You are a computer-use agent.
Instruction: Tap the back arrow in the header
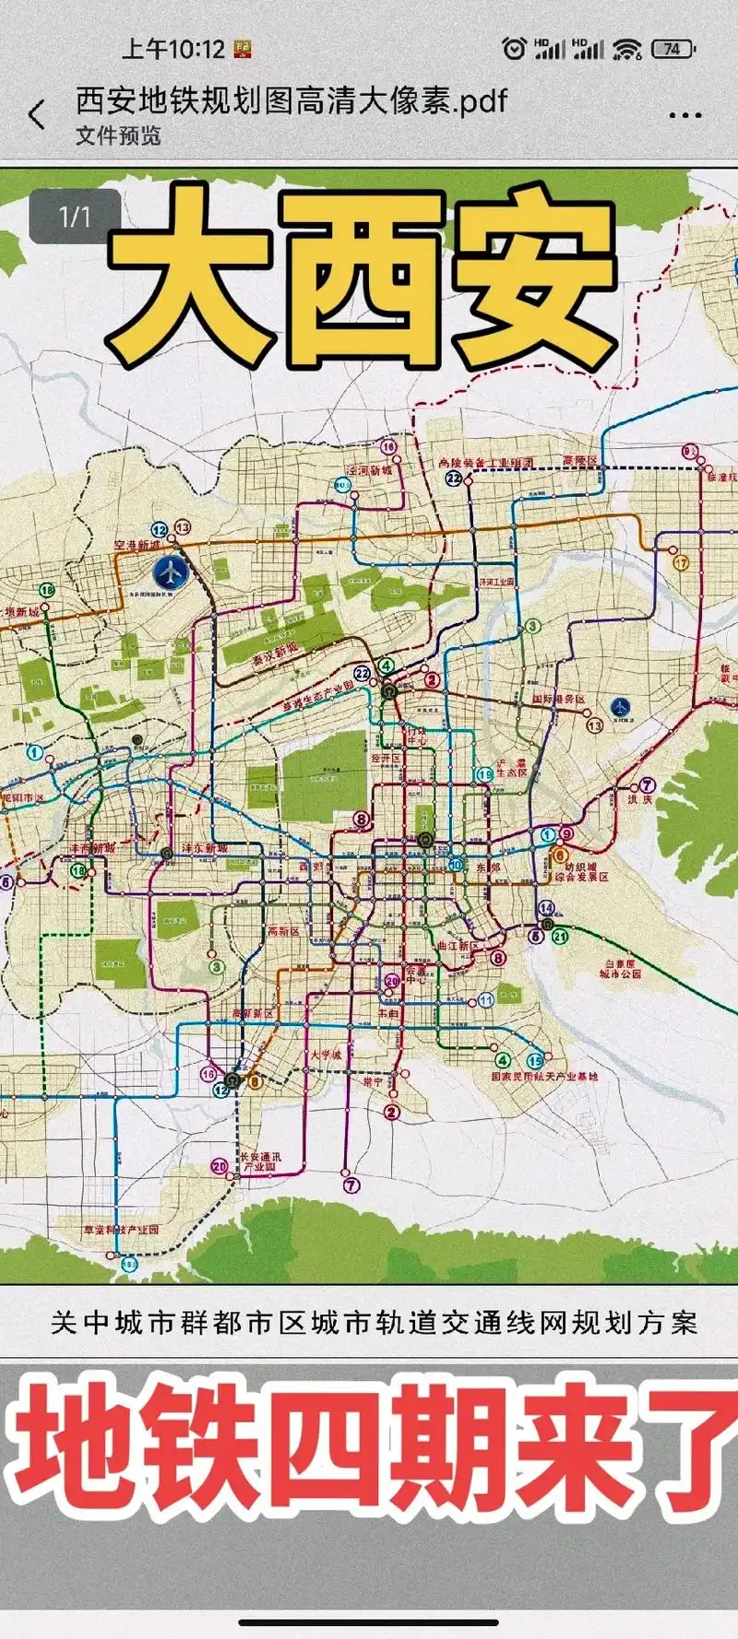coord(37,114)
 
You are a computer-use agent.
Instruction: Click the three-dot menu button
coord(684,115)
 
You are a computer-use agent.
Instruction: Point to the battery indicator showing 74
coord(673,49)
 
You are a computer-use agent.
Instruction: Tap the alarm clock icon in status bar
coord(514,49)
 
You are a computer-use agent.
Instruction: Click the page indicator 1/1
coord(75,217)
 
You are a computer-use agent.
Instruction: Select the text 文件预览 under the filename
coord(118,136)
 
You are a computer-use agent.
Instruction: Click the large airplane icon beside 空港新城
coord(170,573)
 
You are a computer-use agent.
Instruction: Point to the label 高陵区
coord(580,461)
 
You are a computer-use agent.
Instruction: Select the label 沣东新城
coord(204,848)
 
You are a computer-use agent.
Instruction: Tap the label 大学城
coord(325,1055)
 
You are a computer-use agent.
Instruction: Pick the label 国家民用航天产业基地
coord(544,1077)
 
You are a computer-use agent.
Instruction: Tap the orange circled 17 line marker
coord(681,562)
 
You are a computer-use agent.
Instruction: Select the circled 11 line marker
coord(486,1000)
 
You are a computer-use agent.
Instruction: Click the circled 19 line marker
coord(484,774)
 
